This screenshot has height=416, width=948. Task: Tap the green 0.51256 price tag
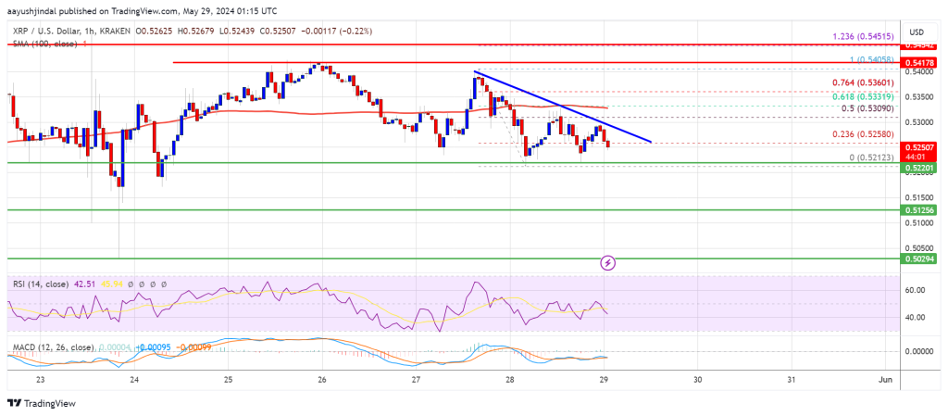click(917, 210)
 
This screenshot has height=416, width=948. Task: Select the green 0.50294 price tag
click(917, 258)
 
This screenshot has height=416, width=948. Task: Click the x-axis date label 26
click(321, 379)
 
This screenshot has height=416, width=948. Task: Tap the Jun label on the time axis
click(886, 379)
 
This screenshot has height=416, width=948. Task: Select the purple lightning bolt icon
click(608, 262)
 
